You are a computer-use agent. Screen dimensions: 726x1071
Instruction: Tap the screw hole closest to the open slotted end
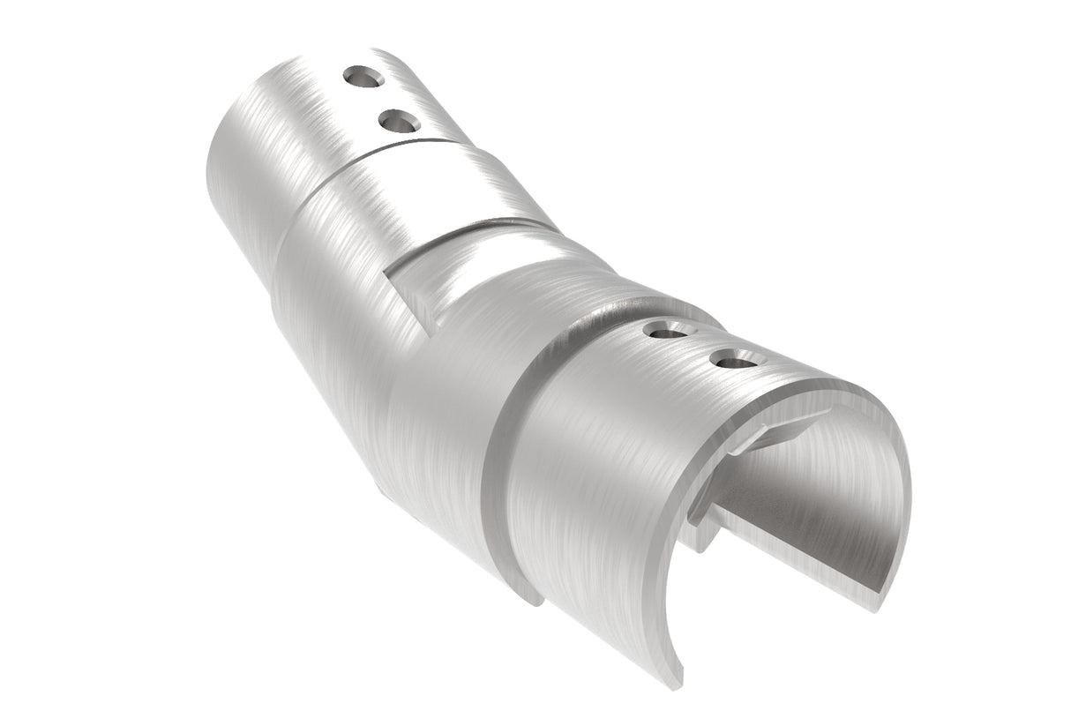coord(734,359)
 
